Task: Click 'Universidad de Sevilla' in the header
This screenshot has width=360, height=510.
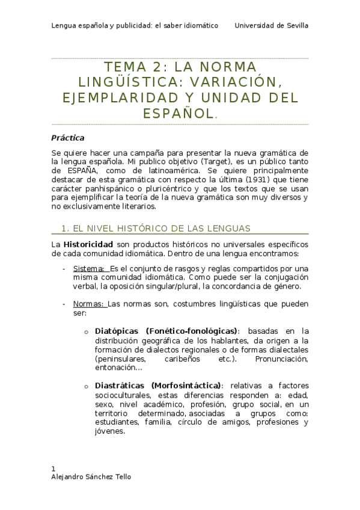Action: (x=272, y=26)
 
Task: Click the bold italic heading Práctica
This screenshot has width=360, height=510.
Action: (x=67, y=138)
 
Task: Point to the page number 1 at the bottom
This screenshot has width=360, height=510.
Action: (x=53, y=469)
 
